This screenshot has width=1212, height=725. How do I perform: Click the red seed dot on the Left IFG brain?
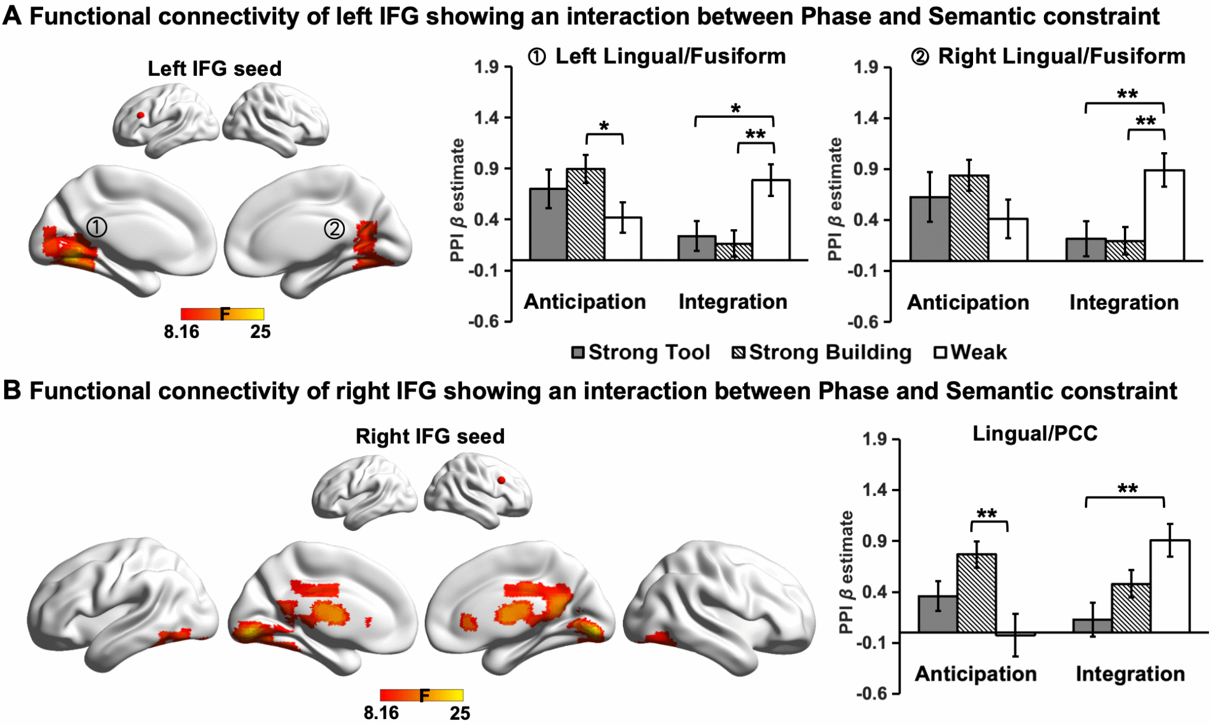pyautogui.click(x=140, y=115)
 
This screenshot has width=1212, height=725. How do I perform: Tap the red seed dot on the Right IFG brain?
pyautogui.click(x=502, y=480)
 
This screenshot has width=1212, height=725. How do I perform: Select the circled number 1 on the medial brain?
pyautogui.click(x=96, y=227)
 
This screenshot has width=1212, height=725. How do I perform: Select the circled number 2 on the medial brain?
pyautogui.click(x=334, y=228)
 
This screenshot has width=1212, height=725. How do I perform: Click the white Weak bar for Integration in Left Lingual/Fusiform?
pyautogui.click(x=771, y=220)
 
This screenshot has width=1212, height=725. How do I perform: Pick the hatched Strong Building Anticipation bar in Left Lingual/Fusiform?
pyautogui.click(x=586, y=214)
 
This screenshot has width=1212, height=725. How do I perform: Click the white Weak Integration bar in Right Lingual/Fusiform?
pyautogui.click(x=1164, y=215)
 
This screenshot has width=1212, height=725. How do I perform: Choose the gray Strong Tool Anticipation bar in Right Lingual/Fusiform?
pyautogui.click(x=929, y=228)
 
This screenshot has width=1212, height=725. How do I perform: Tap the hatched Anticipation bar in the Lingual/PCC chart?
pyautogui.click(x=976, y=593)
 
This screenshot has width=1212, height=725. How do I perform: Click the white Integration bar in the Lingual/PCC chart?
pyautogui.click(x=1169, y=586)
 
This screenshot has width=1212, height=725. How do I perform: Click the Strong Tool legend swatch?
pyautogui.click(x=578, y=353)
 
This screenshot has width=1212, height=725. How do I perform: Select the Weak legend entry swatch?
pyautogui.click(x=940, y=353)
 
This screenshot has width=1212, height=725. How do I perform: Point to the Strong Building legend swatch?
pyautogui.click(x=739, y=353)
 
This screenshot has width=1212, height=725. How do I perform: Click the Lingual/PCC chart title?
pyautogui.click(x=1035, y=434)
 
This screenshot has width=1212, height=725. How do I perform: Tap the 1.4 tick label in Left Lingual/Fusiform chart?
pyautogui.click(x=486, y=118)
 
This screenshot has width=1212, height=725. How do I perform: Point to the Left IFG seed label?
pyautogui.click(x=214, y=69)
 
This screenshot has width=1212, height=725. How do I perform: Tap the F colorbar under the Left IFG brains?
pyautogui.click(x=222, y=314)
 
